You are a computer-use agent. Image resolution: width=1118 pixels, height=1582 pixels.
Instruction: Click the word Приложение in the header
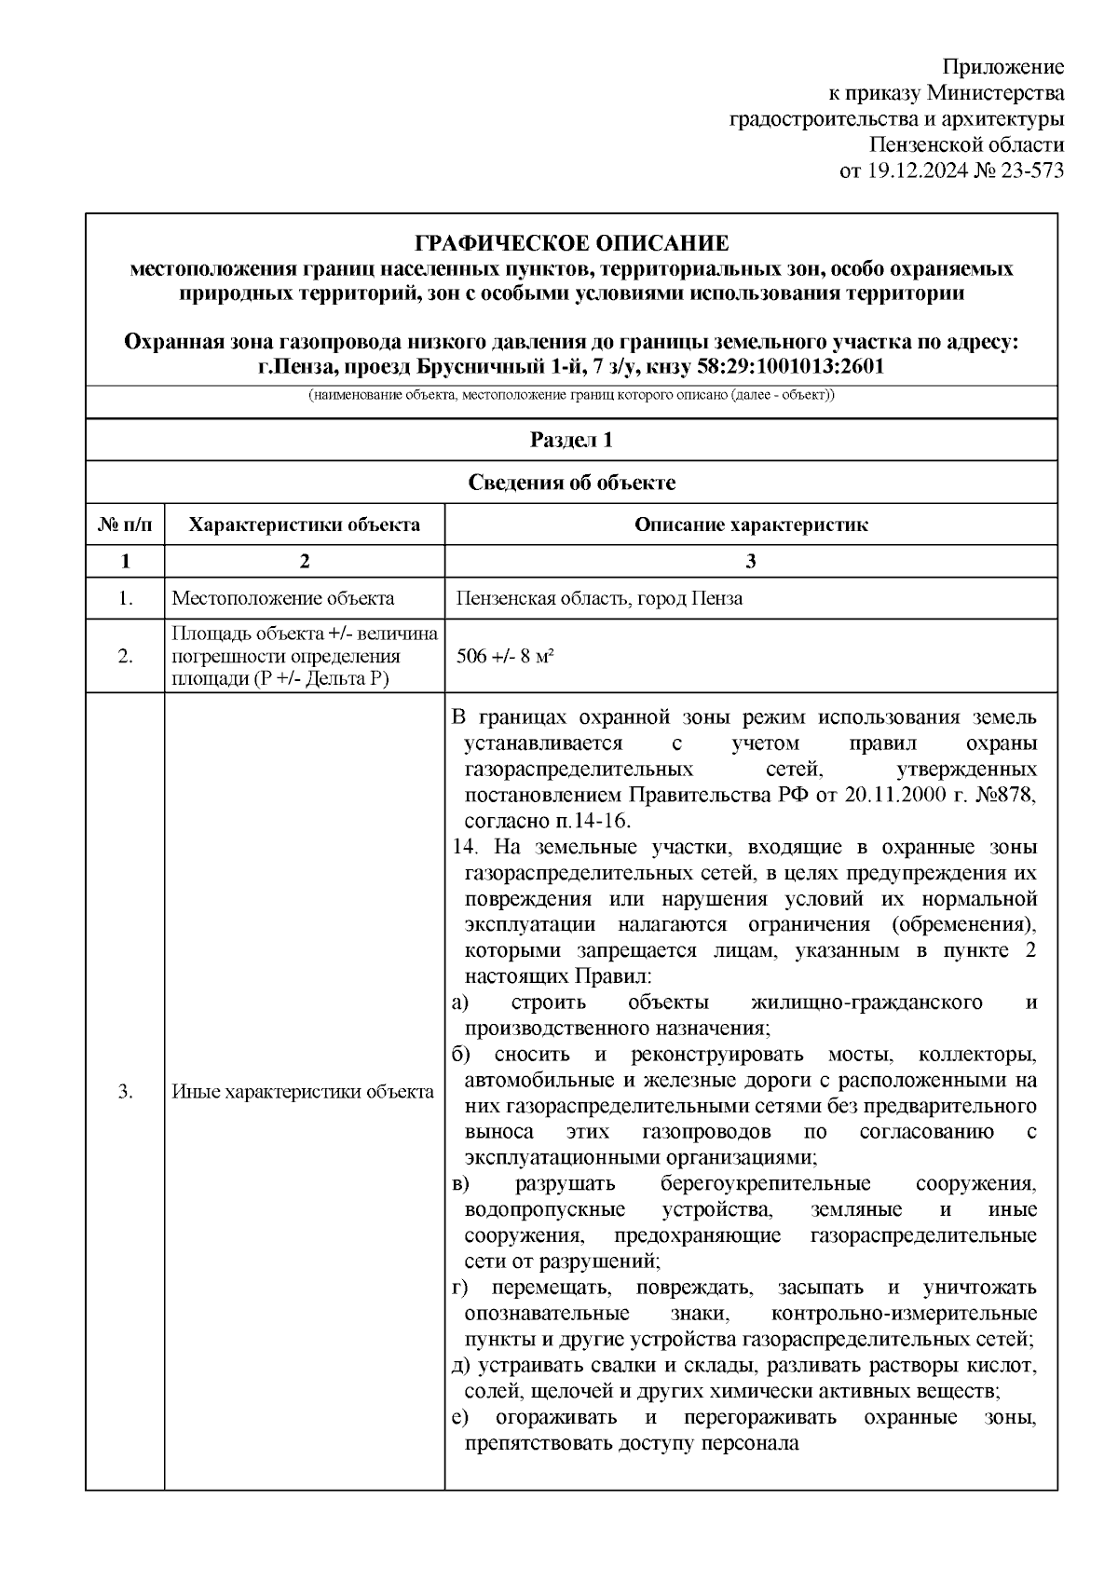click(x=1003, y=67)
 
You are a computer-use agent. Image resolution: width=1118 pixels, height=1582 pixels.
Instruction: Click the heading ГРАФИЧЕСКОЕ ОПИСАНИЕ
click(x=571, y=244)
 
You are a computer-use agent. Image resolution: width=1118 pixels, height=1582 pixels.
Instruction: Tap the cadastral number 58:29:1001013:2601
click(x=790, y=367)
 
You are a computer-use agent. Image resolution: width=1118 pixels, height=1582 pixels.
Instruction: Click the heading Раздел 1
click(x=571, y=440)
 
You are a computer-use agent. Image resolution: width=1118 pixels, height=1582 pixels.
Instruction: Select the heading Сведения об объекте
click(x=571, y=483)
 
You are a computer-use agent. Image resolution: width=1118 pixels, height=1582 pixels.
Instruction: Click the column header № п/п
click(x=125, y=525)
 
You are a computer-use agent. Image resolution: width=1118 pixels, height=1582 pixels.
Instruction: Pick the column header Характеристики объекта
click(x=304, y=525)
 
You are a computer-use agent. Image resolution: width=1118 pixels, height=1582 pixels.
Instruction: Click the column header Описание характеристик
click(x=751, y=525)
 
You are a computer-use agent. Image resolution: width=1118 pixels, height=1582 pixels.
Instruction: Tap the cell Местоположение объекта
click(x=282, y=598)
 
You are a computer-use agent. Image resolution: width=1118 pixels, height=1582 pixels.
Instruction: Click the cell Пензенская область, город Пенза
click(x=599, y=598)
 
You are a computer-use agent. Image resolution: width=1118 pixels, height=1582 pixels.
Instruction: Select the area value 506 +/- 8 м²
click(x=505, y=656)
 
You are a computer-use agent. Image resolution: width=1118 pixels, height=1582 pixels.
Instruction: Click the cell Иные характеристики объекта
click(x=303, y=1092)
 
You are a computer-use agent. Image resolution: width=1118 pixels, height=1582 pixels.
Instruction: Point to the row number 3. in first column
click(x=125, y=1092)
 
